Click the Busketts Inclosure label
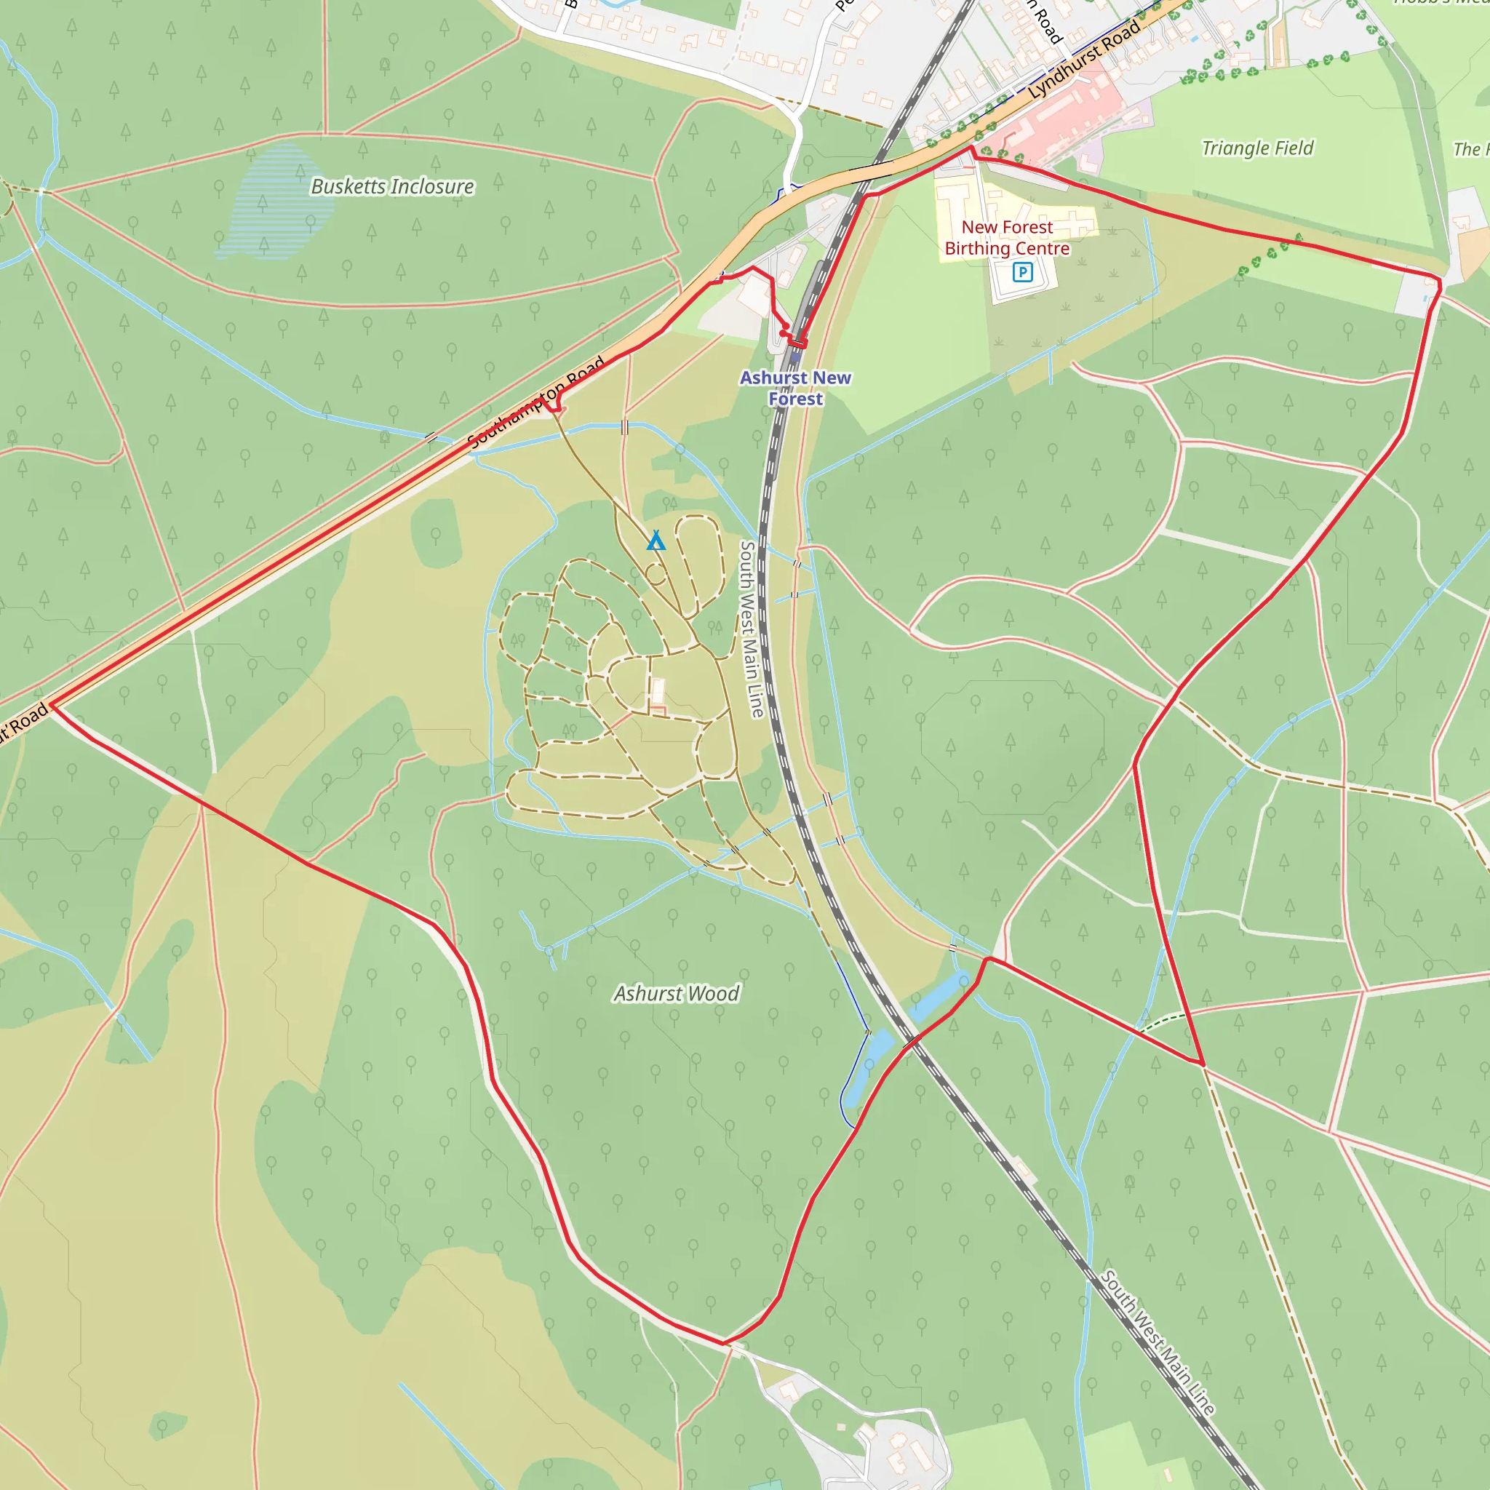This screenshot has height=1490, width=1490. [392, 187]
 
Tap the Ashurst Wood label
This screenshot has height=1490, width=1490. [677, 993]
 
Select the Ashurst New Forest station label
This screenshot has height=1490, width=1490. [795, 388]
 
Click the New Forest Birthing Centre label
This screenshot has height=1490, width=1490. [1006, 237]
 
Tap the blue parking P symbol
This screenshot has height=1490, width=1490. [1022, 271]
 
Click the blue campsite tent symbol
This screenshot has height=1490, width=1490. [656, 540]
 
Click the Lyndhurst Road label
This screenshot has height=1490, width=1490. [1084, 60]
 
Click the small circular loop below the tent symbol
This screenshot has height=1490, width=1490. [655, 575]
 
